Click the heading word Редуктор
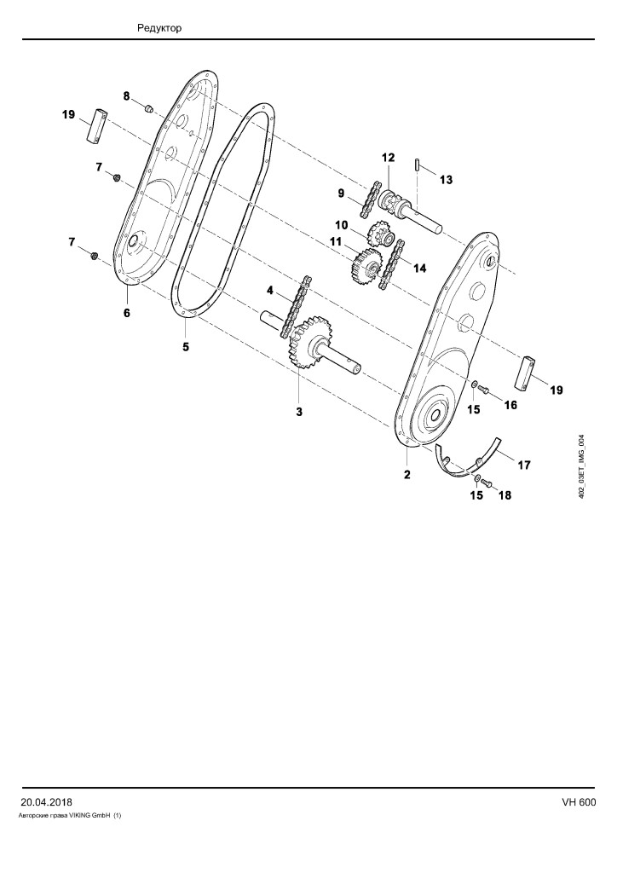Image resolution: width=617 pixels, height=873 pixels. coord(159,28)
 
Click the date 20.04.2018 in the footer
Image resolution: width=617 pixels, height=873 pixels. coord(46,802)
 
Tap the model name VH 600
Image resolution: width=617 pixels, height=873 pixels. coord(579,802)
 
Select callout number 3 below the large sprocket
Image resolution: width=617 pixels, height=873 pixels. coord(299,412)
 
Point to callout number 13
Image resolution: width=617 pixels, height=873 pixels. coord(446,180)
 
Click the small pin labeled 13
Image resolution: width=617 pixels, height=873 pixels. coord(417,166)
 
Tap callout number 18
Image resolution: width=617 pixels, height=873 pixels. coord(505,495)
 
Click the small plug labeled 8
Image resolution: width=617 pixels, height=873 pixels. coord(149,108)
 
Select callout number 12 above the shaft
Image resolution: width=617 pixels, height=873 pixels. coord(388,158)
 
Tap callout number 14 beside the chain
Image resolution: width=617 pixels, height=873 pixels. coord(419,269)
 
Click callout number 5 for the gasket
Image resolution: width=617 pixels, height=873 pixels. coord(186,347)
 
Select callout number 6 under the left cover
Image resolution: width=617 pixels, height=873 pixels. coord(127,313)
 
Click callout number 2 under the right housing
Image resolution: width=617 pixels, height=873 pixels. coord(407,475)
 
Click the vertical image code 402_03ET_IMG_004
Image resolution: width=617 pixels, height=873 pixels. coord(581,466)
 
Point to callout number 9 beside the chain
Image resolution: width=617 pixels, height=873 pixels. coord(341,194)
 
